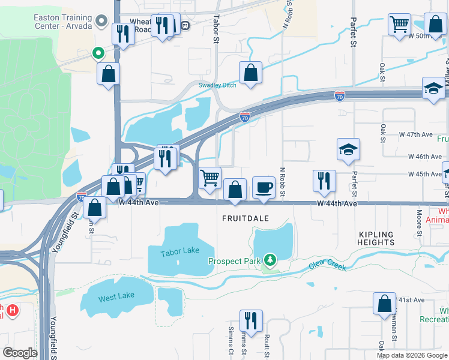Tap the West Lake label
pos(116,296)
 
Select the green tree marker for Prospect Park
pos(271,260)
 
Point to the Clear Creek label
pos(328,265)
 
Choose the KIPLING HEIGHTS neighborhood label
pos(376,238)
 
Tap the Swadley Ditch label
pos(217,85)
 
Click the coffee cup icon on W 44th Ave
pos(264,187)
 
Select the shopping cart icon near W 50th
pos(399,25)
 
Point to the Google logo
pos(20,352)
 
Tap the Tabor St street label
pos(216,30)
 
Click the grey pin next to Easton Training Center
pos(101,22)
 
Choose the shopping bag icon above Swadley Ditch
pos(251,73)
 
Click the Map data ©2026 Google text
pos(411,355)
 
